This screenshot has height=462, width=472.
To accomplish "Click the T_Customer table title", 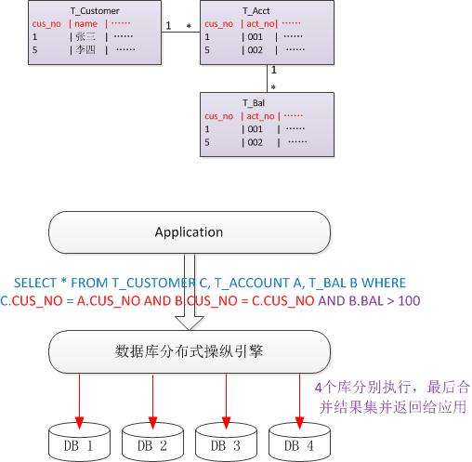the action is (95, 11).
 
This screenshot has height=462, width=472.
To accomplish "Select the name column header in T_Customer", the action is (85, 24).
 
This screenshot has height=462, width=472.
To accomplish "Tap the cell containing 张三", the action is (85, 37).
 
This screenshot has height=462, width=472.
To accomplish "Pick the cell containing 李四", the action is (85, 49).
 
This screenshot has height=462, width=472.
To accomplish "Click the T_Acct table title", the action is (256, 11).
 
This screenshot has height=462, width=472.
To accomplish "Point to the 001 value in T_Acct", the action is (255, 37).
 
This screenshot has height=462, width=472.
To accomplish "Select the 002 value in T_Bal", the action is (255, 142).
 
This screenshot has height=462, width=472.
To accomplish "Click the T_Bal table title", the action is (254, 103).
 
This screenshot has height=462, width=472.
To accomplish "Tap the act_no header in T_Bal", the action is (260, 116).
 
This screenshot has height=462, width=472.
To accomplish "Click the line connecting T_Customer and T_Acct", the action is (181, 32).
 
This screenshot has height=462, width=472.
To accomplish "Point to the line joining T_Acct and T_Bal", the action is (267, 79).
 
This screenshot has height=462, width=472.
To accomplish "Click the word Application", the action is (189, 232).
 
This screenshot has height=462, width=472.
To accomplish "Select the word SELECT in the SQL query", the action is (35, 283).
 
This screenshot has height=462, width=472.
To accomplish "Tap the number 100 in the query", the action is (409, 301).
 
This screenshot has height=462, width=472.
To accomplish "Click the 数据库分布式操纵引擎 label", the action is (189, 351).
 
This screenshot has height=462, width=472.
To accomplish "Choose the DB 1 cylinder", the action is (79, 442).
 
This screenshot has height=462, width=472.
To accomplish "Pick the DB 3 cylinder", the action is (226, 442).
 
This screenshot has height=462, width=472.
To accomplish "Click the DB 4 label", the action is (299, 446).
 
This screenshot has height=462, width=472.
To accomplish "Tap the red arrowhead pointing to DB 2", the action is (152, 423).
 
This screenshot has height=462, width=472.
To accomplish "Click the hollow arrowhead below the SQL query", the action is (190, 323).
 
